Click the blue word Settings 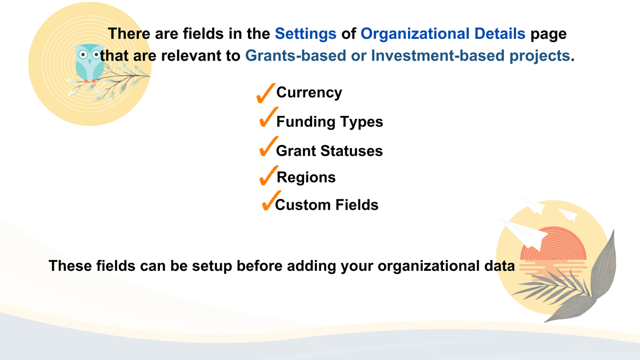coord(305,34)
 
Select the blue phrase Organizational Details coord(443,34)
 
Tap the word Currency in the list coord(309,93)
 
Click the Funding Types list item coord(329,122)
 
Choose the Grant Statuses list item coord(329,151)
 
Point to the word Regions coord(306,178)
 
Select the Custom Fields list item coord(326,205)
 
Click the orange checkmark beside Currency coord(266,93)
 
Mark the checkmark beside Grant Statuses coord(269,146)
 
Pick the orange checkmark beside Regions coord(269,175)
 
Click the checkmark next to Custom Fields coord(271,201)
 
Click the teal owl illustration coord(89,63)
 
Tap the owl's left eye coord(83,55)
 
